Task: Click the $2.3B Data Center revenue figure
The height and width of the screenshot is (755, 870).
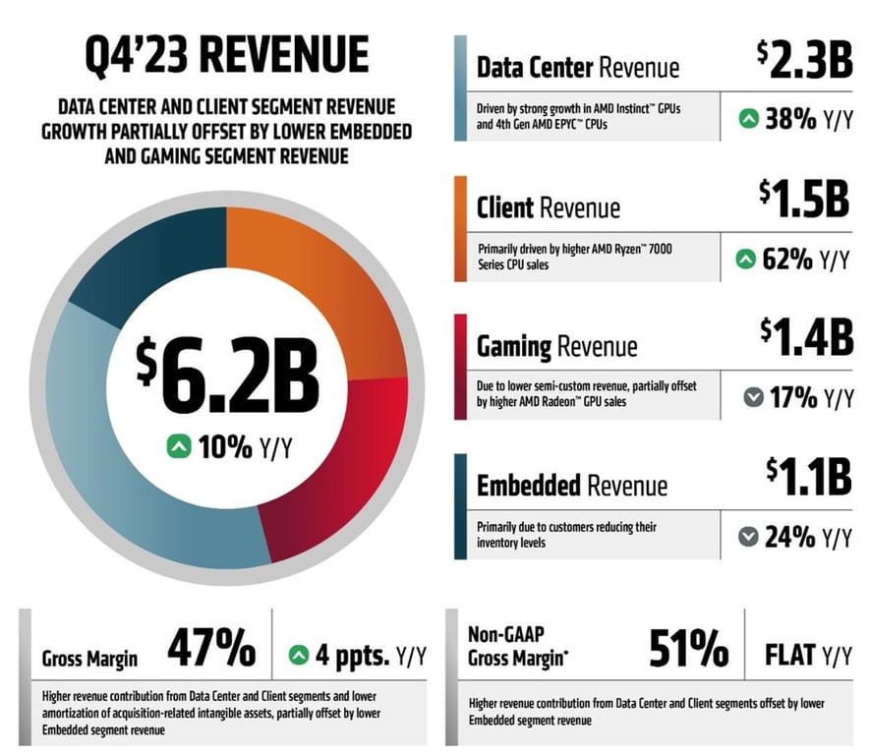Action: (803, 61)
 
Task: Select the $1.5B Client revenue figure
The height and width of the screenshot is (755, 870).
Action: (803, 201)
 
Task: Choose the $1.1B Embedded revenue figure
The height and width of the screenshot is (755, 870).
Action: (804, 478)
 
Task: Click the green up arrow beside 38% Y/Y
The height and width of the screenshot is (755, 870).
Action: (749, 120)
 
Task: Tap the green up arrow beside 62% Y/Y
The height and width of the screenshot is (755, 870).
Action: (747, 260)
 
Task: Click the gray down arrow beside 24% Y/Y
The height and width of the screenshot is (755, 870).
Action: (749, 538)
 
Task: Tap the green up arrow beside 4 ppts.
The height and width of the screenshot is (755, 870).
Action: (299, 653)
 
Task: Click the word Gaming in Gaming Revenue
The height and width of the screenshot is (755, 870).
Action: (513, 346)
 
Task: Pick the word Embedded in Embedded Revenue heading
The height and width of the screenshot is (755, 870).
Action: (531, 486)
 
